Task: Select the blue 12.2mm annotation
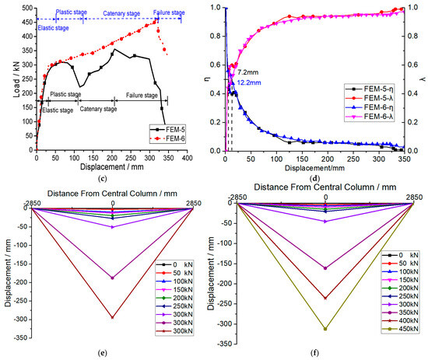pyautogui.click(x=249, y=82)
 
